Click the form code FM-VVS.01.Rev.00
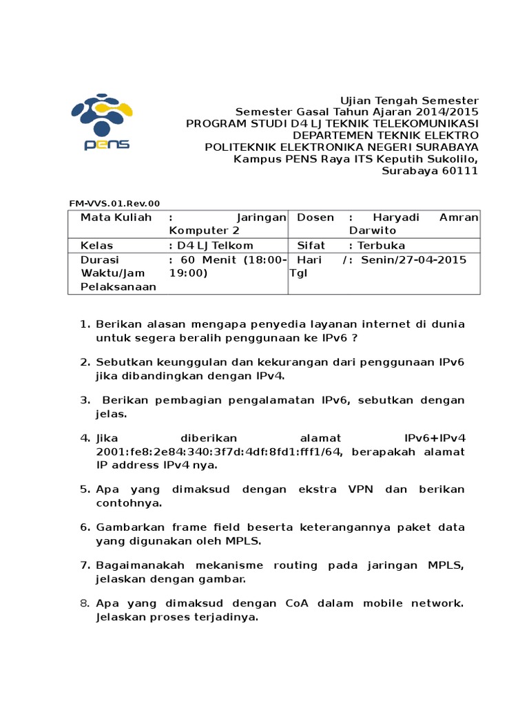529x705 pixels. (114, 203)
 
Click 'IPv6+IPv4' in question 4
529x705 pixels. (435, 438)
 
